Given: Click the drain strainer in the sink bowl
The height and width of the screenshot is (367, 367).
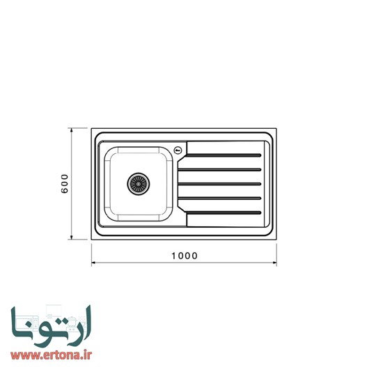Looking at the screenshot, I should pos(138,183).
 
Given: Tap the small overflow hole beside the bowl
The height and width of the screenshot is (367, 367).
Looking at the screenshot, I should pos(179,149).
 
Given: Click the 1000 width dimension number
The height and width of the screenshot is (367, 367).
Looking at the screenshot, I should pos(184,256).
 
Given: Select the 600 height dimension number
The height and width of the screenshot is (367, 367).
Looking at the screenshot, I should pos(64,183).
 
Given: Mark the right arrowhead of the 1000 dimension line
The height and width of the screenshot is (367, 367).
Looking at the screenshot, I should pos(274,264).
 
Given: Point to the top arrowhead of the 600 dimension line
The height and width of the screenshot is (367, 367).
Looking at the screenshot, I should pos(72,130).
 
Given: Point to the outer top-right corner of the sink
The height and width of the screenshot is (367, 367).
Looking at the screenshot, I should pos(274,130).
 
